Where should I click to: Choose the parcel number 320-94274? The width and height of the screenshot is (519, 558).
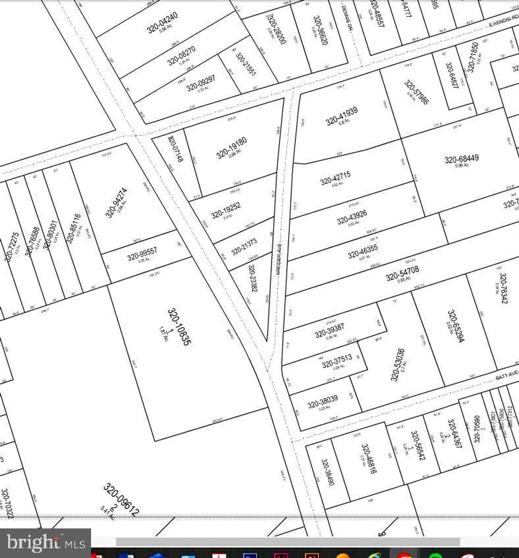pos(116,203)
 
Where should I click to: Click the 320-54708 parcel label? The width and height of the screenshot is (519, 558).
pos(402,274)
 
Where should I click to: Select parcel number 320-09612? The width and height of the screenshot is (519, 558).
pos(121,499)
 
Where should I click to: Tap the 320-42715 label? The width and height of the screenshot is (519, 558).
pos(335,178)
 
